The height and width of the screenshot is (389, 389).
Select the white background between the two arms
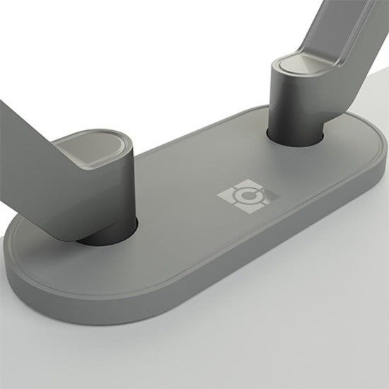coord(177,57)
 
